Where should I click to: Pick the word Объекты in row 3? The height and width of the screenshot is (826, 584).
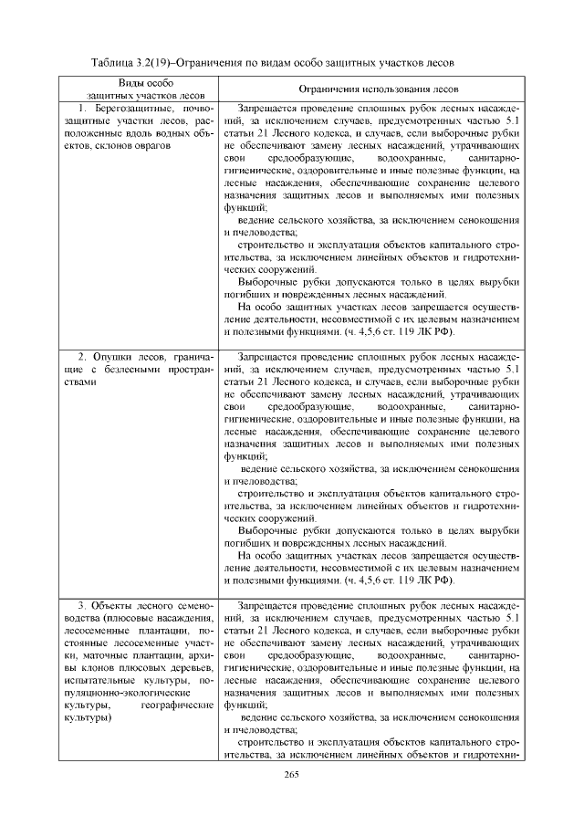pos(114,606)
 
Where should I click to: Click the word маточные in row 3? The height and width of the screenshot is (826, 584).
pos(117,656)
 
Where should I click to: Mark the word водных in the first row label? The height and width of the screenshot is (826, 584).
pos(174,133)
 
